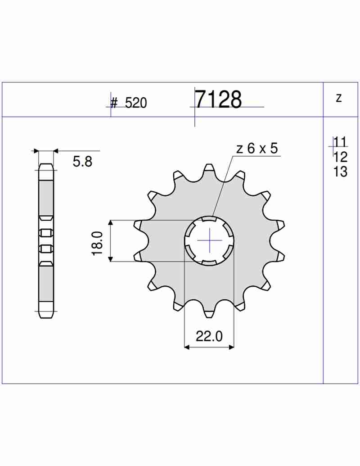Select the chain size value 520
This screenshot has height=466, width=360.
tap(136, 103)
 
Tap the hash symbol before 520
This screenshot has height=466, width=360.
tap(114, 104)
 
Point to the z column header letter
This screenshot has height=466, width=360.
tap(339, 98)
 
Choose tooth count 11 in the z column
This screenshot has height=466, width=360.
tap(340, 142)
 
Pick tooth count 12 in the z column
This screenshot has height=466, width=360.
tap(340, 157)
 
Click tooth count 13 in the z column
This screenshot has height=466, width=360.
tap(340, 172)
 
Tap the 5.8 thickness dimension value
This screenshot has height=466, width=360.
tap(82, 162)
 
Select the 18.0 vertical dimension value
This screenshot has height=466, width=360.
tap(98, 243)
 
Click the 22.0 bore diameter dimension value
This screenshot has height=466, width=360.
tap(209, 336)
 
